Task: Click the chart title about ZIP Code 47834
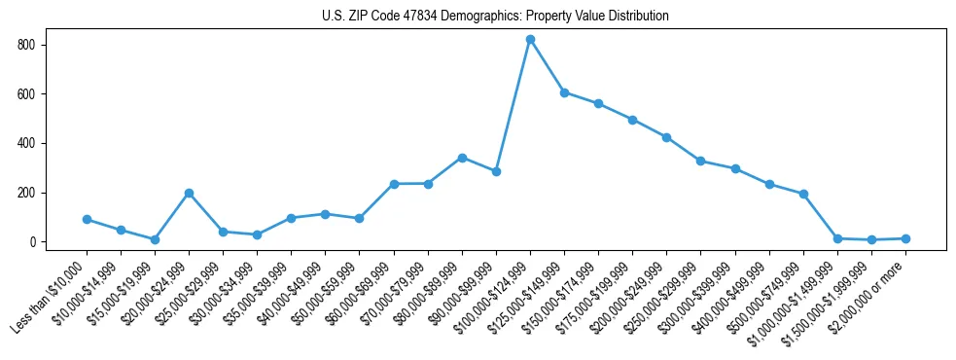pos(495,16)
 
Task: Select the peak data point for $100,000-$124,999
pos(530,40)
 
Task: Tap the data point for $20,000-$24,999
pos(189,193)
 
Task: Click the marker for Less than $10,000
pos(87,220)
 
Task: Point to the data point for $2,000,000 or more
pos(905,238)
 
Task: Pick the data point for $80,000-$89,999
pos(462,158)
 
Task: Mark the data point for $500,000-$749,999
pos(803,194)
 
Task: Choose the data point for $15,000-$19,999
pos(155,239)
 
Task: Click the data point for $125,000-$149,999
pos(564,92)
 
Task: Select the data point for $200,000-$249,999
pos(666,137)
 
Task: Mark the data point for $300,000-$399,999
pos(735,168)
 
